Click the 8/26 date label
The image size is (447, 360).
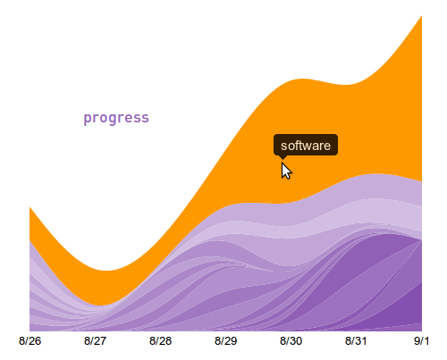click(x=30, y=341)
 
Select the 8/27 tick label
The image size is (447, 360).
click(x=95, y=341)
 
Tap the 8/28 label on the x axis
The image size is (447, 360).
click(x=160, y=341)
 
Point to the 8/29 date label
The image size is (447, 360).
click(x=225, y=341)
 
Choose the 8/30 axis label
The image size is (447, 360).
click(x=291, y=341)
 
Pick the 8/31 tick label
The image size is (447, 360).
click(x=356, y=341)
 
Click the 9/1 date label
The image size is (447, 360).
click(x=421, y=341)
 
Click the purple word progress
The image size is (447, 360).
click(x=116, y=118)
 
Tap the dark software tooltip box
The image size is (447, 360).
click(x=306, y=145)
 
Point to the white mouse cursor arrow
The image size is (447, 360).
click(x=285, y=171)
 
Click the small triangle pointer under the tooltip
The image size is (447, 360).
click(x=283, y=157)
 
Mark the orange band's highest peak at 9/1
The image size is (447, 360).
click(x=421, y=16)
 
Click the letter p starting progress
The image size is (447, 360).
click(x=87, y=119)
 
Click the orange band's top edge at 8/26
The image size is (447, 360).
click(x=30, y=207)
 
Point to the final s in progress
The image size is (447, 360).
click(x=146, y=119)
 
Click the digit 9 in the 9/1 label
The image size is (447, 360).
click(x=417, y=341)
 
